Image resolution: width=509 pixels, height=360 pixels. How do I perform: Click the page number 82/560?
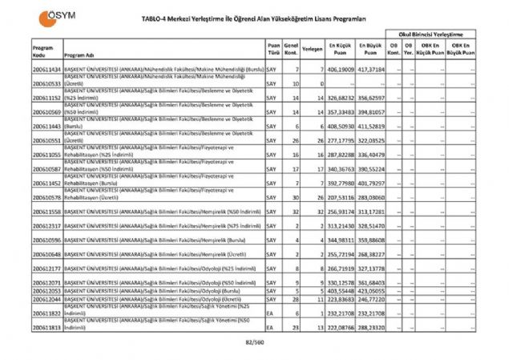point(255,343)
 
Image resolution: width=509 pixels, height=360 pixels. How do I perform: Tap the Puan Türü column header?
point(273,50)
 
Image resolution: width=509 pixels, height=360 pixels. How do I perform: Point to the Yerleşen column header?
point(313,50)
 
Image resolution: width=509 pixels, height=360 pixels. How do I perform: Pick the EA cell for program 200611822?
point(270,313)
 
